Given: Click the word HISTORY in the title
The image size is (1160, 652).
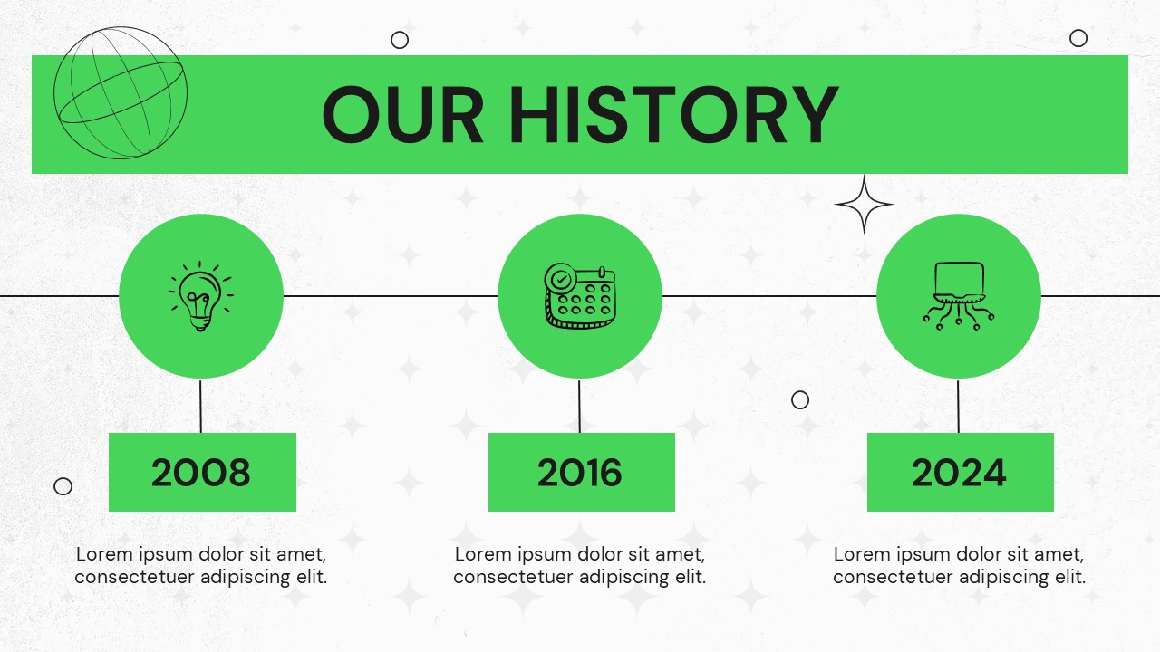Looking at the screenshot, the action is click(673, 114).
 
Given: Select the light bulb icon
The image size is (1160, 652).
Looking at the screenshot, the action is click(201, 295).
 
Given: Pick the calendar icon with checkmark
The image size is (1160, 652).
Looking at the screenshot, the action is click(580, 295).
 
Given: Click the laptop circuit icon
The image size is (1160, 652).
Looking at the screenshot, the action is click(959, 295).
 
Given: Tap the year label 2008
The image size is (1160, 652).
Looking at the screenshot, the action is click(201, 473).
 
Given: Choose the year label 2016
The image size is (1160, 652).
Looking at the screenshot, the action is click(579, 473).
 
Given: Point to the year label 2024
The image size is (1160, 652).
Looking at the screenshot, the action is click(959, 473).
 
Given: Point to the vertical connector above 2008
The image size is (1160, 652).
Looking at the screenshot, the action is click(200, 407).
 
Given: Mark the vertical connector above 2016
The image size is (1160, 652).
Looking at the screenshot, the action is click(579, 407).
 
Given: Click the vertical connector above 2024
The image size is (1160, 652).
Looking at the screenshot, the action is click(958, 407).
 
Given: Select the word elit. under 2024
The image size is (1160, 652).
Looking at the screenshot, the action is click(1070, 577).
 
